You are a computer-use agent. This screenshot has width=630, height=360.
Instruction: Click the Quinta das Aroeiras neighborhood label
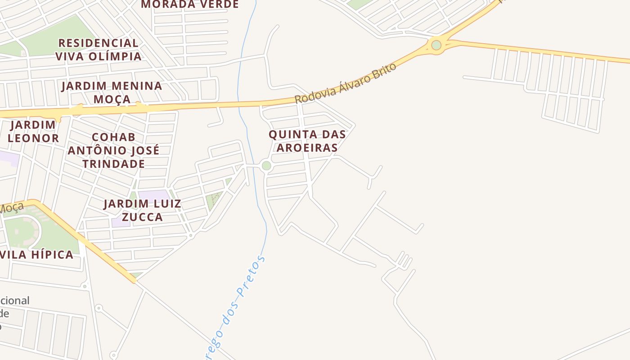point(307,141)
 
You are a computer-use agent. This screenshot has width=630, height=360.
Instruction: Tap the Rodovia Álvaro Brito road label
point(346,83)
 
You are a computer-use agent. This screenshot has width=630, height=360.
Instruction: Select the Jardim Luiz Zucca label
point(142,210)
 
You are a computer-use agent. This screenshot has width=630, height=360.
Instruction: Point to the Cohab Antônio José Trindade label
point(113,150)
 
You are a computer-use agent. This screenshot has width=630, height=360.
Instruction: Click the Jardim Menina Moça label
point(112,92)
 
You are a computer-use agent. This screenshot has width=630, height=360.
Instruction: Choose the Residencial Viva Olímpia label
point(99,49)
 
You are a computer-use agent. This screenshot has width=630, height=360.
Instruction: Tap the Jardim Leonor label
point(33,131)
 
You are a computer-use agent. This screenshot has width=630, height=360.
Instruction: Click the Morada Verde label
point(190,4)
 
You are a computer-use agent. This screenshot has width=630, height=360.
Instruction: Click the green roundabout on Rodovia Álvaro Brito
point(436,45)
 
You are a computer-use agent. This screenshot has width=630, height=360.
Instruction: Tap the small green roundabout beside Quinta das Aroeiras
point(266,166)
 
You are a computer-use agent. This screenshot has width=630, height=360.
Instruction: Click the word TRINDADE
point(113,164)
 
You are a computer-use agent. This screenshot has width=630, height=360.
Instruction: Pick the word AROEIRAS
point(307,148)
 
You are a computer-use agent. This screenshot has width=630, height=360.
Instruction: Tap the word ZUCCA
point(142,217)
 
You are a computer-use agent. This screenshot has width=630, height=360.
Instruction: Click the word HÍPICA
point(51,255)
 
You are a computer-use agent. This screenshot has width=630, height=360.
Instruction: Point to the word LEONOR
point(33,138)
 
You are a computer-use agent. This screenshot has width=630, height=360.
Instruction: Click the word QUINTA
point(288,134)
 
